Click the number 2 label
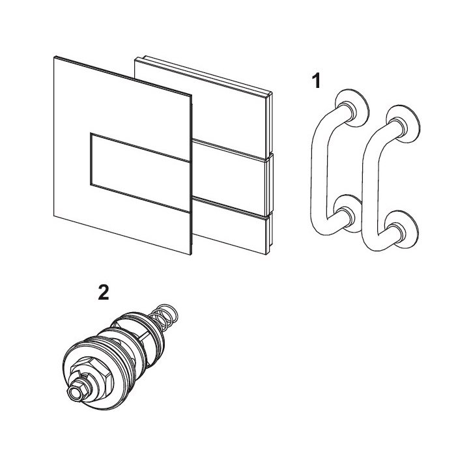point(104,292)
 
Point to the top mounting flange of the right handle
point(403,123)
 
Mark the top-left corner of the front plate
point(54,57)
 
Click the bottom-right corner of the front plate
point(191,255)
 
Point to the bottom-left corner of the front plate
point(54,216)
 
